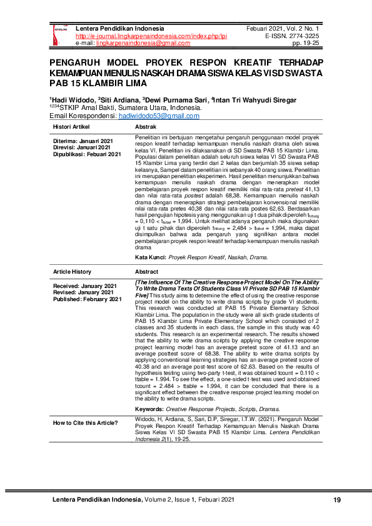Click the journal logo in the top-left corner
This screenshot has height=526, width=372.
click(61, 36)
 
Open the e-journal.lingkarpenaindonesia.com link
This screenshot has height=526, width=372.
click(151, 36)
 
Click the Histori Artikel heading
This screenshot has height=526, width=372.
click(71, 127)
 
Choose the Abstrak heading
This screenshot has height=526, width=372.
click(146, 127)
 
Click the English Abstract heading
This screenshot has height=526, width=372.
click(148, 272)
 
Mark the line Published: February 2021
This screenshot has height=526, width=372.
click(87, 299)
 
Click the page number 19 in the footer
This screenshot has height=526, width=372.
click(337, 500)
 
